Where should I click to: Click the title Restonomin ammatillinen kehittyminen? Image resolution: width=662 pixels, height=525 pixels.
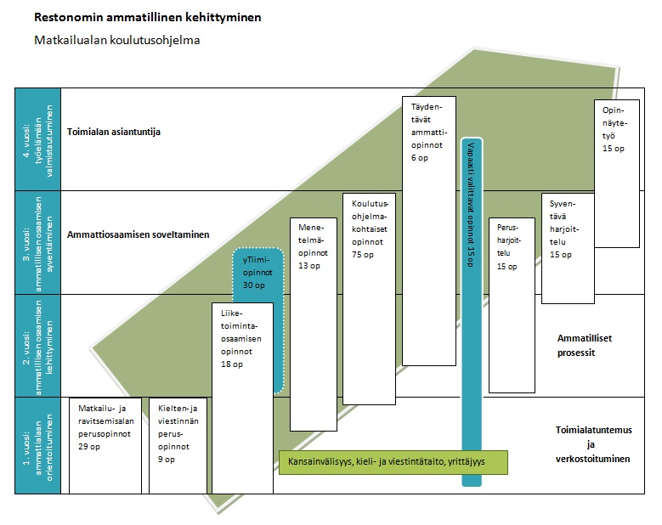point(147,17)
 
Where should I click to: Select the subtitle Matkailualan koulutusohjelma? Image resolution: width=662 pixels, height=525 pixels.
point(117,40)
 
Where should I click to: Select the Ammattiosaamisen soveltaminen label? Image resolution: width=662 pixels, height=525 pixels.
point(138,234)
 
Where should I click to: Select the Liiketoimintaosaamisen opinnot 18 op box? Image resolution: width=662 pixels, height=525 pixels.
point(242,398)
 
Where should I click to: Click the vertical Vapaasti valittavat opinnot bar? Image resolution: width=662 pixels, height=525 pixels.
point(471,310)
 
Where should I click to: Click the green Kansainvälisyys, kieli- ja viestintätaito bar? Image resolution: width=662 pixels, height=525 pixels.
point(393,463)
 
